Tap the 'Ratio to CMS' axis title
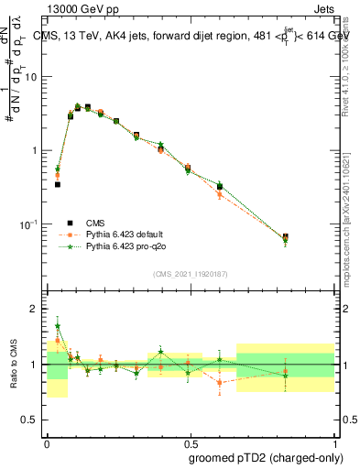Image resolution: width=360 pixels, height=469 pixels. coord(13,365)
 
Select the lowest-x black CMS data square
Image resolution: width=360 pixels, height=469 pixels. coord(57,184)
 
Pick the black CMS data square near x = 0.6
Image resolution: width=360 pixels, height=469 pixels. coord(220,187)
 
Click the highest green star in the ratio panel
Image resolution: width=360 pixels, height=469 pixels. coord(57,325)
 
